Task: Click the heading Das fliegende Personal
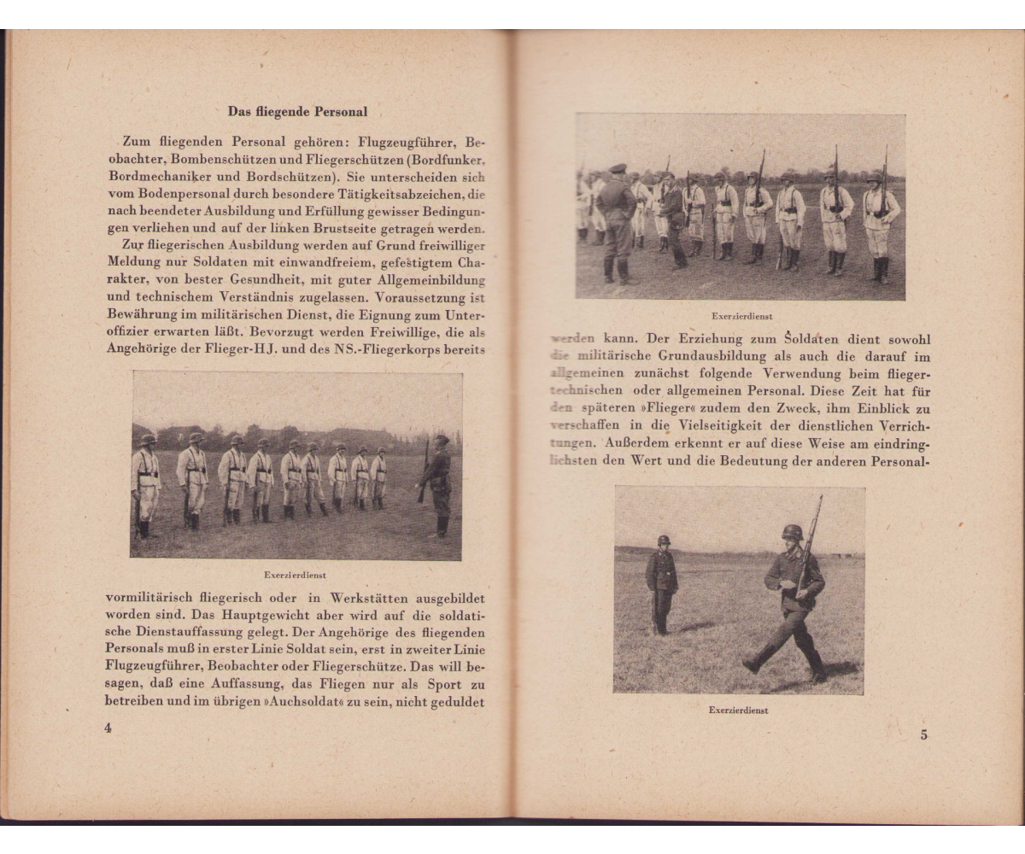tap(297, 111)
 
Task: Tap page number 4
tap(108, 728)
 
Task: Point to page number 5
tap(923, 735)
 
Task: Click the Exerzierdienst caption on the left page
tap(296, 575)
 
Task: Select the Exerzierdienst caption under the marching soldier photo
tap(738, 710)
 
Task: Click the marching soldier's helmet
tap(792, 532)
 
